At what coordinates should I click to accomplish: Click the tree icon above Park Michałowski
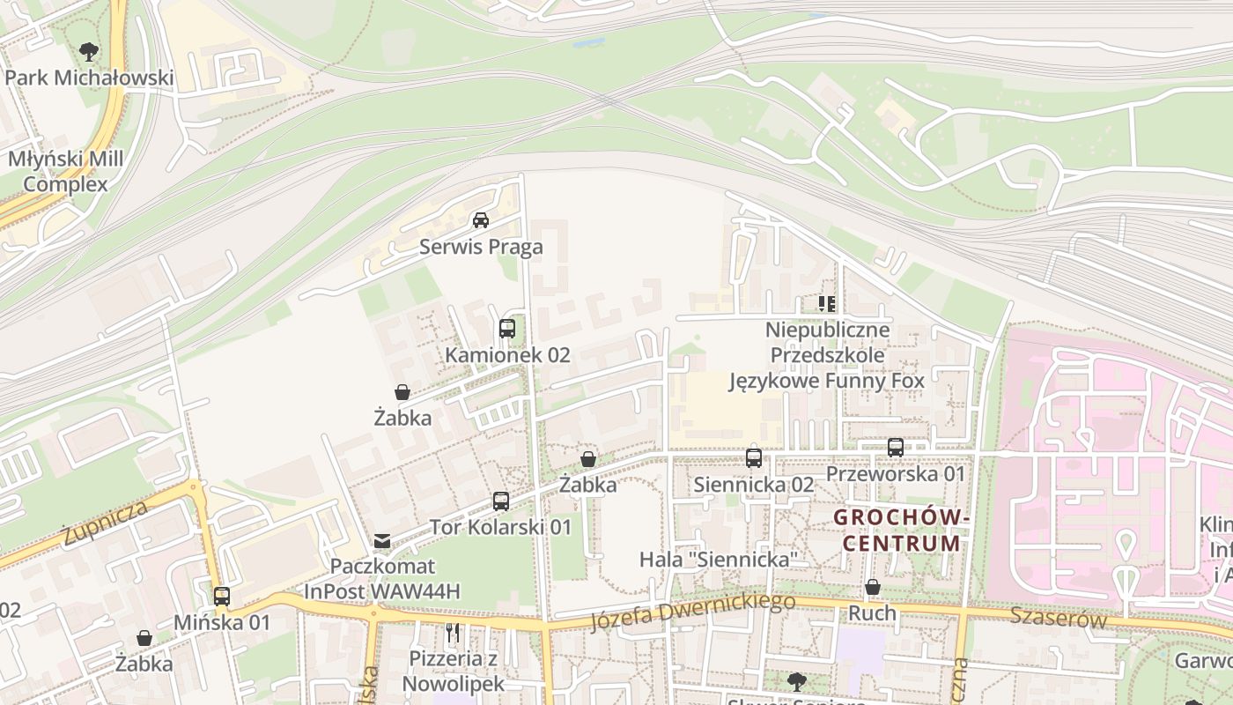pos(88,52)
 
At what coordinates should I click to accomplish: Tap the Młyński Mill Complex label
pos(66,172)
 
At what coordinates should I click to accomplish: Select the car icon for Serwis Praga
pos(481,220)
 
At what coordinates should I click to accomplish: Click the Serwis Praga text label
pos(481,247)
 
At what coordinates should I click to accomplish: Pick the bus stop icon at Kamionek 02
pos(507,329)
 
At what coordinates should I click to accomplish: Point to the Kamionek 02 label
pos(507,355)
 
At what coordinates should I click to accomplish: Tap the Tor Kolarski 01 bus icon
pos(500,501)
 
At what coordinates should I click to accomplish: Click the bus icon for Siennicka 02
pos(754,458)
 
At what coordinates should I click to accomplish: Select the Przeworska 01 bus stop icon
pos(896,448)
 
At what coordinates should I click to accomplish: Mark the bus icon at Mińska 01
pos(222,597)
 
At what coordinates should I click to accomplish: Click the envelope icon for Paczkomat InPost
pos(382,540)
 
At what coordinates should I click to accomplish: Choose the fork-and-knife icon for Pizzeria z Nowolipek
pos(453,633)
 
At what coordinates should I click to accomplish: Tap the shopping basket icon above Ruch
pos(873,587)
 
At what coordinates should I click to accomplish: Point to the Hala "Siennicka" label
pos(718,560)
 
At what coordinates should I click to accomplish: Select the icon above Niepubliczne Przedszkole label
pos(826,304)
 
